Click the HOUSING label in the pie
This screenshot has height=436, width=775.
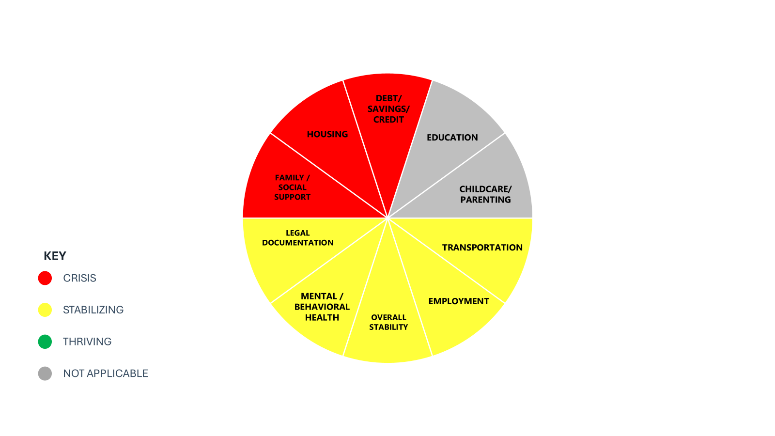pos(327,134)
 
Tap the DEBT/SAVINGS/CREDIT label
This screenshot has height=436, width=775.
pos(388,109)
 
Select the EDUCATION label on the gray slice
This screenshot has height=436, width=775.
pos(452,138)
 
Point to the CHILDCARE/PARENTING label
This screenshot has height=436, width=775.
pos(485,194)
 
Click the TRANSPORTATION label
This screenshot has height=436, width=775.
pos(482,248)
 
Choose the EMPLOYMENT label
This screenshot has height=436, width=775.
pos(459,301)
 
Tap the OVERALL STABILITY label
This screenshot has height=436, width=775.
pos(388,322)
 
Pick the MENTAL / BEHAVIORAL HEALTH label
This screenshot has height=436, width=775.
pos(322,307)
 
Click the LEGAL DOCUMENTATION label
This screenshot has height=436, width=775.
pos(297,238)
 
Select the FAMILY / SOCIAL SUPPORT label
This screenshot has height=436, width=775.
pos(293,187)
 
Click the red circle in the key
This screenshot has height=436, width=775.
pos(45,278)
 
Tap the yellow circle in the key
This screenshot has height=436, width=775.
pos(45,310)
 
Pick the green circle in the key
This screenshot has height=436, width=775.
pos(45,342)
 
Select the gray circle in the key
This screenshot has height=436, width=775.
pos(45,374)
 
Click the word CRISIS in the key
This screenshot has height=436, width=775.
pos(79,278)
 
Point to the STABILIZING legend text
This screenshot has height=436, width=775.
pos(93,310)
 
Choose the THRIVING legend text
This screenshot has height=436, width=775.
pos(87,342)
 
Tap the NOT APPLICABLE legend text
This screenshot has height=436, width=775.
pos(106,374)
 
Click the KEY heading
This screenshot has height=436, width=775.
pos(55,256)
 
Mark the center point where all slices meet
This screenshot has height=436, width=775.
pos(387,218)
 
